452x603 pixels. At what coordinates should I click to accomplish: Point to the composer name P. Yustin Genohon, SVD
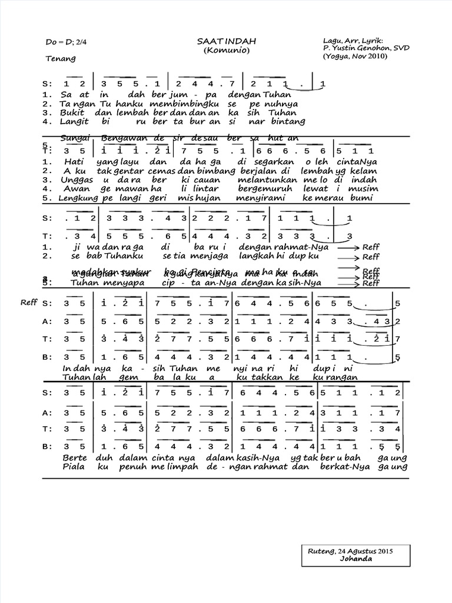pyautogui.click(x=363, y=49)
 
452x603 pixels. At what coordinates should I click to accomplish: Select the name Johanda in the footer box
pyautogui.click(x=355, y=559)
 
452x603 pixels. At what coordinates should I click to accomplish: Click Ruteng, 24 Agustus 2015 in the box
pyautogui.click(x=350, y=551)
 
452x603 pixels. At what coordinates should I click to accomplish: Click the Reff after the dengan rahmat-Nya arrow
pyautogui.click(x=371, y=247)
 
